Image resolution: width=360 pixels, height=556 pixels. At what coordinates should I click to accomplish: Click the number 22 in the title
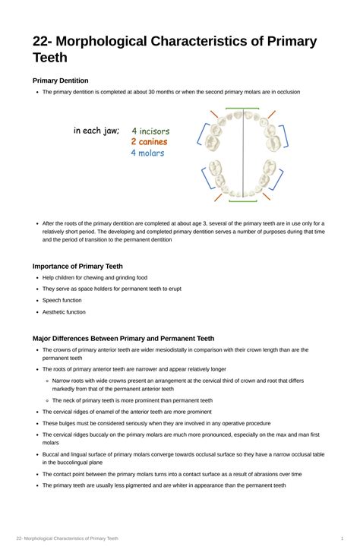point(43,41)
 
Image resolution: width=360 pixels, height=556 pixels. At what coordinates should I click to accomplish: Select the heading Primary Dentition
point(60,81)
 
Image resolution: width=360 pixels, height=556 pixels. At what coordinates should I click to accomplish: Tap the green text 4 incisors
point(150,131)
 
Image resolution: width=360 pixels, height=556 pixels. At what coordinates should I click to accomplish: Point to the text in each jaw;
point(96,131)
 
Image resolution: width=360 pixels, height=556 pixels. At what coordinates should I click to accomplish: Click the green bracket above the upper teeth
point(242,109)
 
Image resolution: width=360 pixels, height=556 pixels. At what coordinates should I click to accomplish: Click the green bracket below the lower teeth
point(242,201)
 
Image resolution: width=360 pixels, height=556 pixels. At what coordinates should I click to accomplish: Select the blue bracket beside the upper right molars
point(284,136)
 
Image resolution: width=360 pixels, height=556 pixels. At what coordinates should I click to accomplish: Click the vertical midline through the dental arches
point(242,156)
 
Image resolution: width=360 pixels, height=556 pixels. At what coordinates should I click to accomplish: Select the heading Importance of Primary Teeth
point(77,267)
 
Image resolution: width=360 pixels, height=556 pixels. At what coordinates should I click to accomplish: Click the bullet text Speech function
point(62,300)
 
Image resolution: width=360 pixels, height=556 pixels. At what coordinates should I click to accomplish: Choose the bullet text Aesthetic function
point(64,312)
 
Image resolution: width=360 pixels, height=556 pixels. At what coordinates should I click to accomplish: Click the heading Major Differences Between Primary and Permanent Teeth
point(123,338)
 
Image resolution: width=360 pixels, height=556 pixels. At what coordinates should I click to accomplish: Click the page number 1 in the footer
point(343,539)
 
